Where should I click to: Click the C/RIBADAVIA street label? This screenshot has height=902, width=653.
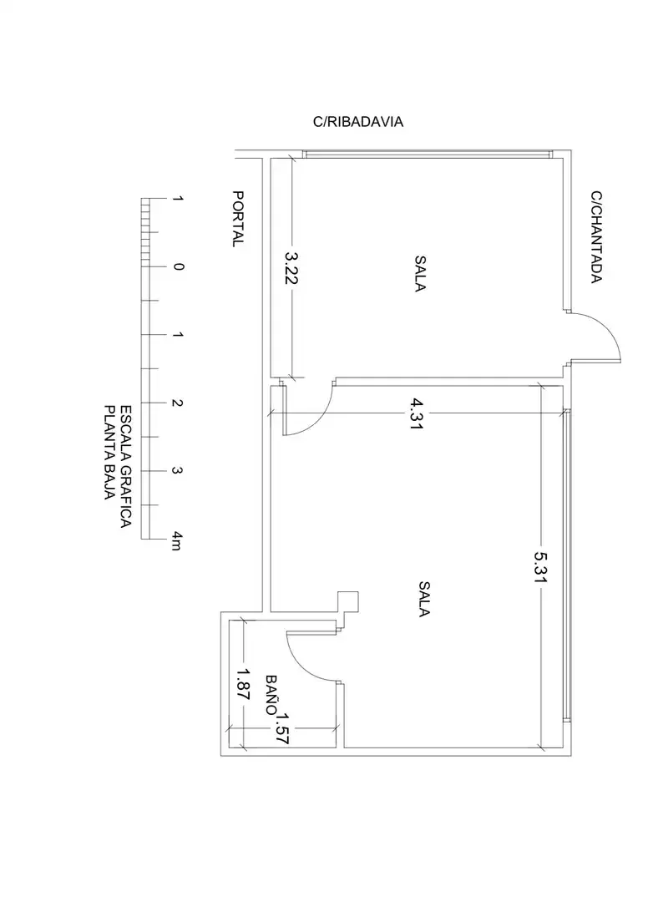tap(358, 122)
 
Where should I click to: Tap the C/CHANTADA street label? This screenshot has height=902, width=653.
tap(596, 237)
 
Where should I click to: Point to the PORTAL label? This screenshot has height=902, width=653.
tap(238, 219)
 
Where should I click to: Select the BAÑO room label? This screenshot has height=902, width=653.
tap(271, 695)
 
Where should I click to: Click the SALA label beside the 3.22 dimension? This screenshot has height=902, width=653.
tap(420, 274)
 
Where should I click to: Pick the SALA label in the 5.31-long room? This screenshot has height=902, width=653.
tap(424, 600)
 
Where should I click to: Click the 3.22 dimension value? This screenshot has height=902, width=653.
tap(291, 267)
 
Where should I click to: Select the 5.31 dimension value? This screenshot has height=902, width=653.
tap(540, 567)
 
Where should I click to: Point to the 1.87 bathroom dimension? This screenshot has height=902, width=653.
tap(243, 683)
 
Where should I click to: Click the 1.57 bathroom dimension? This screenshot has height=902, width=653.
tap(281, 729)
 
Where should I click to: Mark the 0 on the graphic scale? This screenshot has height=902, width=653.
tap(179, 266)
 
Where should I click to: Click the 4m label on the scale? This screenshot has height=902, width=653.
tap(177, 541)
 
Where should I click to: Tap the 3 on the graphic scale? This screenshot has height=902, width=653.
tap(177, 471)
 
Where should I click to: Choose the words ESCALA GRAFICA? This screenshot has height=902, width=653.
tap(125, 467)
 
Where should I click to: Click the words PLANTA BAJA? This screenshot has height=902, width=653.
tap(109, 453)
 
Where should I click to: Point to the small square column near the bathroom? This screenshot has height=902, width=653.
tap(347, 601)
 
